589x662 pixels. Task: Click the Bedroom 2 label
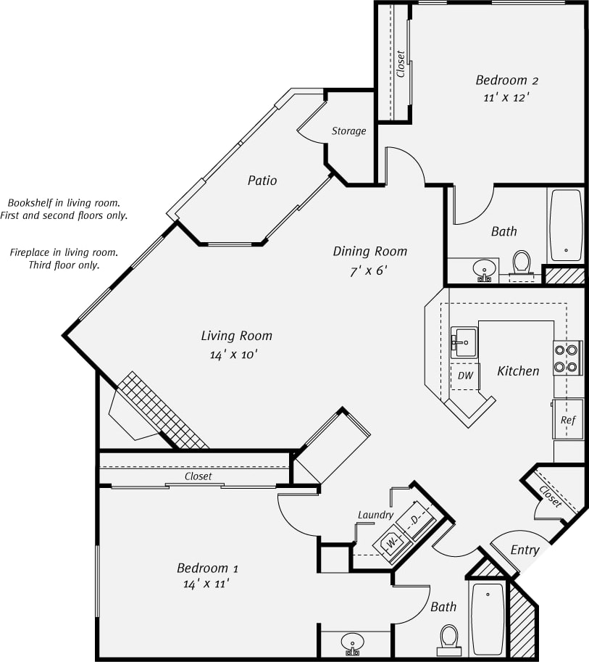pos(506,80)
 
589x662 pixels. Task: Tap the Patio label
pos(262,181)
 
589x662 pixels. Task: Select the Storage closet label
pos(348,131)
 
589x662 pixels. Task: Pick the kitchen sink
pos(464,342)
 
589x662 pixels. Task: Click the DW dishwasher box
pos(465,376)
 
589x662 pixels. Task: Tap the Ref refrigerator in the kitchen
pos(568,420)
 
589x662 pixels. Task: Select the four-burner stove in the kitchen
pos(567,357)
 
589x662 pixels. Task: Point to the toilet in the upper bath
pos(522,262)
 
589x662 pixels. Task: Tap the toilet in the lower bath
pos(449,638)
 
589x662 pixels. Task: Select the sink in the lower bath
pos(354,642)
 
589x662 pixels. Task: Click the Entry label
pos(525,550)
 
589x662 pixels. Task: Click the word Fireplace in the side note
pos(33,252)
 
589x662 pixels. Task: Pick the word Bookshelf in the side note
pos(30,203)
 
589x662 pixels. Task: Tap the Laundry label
pos(375,515)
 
